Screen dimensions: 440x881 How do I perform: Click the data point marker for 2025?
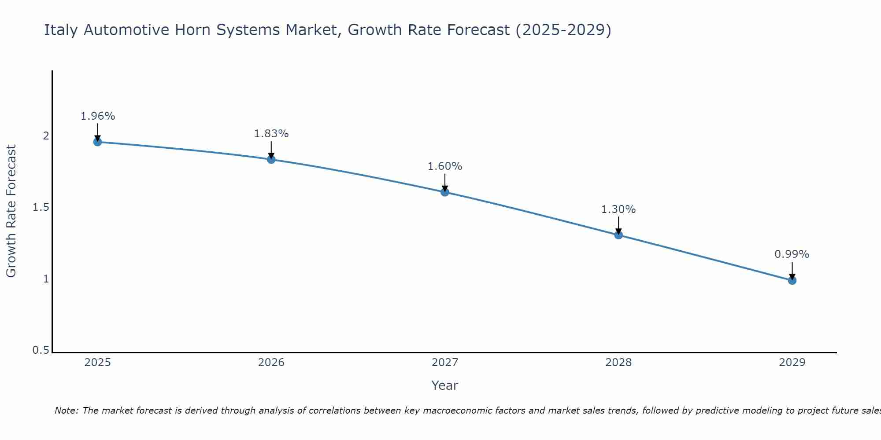97,142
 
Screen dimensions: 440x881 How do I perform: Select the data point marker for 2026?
271,159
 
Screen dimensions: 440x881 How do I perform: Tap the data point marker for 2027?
445,192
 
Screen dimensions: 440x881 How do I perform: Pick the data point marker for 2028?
618,235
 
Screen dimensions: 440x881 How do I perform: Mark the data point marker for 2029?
792,280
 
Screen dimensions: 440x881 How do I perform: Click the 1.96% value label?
98,116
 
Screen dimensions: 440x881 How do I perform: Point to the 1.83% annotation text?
271,134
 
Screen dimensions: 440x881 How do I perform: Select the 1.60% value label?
445,166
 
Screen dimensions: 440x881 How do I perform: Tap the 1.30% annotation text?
618,209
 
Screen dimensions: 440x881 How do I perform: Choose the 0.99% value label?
792,254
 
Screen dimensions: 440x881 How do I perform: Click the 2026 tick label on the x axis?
271,363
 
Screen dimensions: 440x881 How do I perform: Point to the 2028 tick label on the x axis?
618,363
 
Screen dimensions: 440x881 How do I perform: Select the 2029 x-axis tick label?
792,363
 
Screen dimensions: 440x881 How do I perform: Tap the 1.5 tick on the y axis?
41,207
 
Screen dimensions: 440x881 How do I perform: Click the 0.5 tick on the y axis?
41,350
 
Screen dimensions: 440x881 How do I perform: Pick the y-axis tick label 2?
46,136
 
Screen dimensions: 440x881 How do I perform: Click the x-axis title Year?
445,385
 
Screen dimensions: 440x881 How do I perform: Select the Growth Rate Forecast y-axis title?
11,211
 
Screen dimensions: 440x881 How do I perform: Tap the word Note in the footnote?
67,411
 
